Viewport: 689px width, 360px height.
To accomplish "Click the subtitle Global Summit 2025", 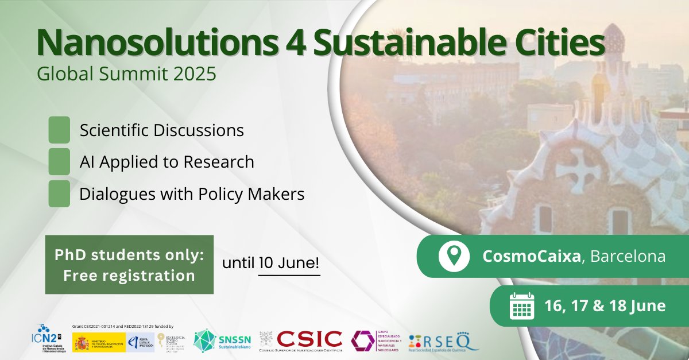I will click(126, 74).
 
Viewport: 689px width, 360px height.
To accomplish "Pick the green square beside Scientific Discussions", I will click(59, 130).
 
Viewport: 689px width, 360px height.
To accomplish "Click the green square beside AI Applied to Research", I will click(59, 162).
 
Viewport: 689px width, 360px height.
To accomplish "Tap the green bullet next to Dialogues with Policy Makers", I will click(59, 193).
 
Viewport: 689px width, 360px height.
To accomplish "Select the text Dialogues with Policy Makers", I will click(192, 194).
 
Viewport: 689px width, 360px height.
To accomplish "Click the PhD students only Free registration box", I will click(129, 265).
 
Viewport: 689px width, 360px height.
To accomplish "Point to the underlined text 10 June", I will click(289, 264).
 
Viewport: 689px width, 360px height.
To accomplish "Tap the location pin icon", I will click(450, 256).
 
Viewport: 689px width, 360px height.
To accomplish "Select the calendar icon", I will click(522, 306).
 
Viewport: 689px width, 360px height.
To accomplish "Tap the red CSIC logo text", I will click(309, 339).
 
